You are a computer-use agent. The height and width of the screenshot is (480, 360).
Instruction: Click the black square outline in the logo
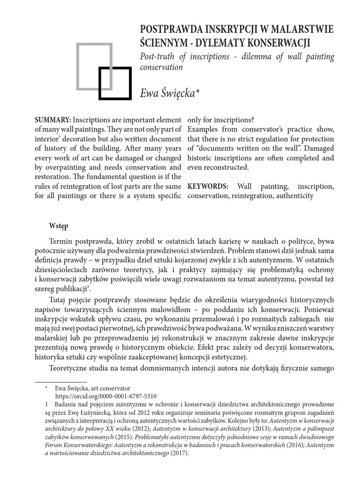(114, 83)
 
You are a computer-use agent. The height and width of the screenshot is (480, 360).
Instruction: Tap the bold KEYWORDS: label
(208, 186)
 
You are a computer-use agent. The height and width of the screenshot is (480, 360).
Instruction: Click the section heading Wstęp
(59, 225)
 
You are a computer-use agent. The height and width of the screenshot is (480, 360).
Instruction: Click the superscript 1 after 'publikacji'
(89, 286)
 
